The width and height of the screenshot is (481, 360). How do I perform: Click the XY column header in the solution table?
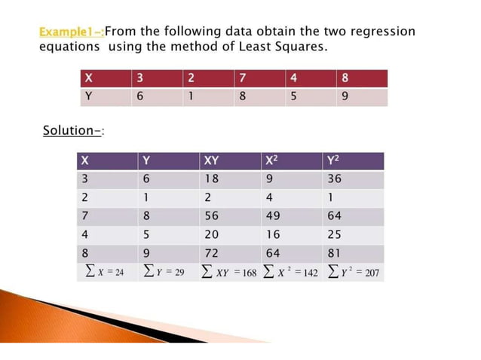tap(212, 160)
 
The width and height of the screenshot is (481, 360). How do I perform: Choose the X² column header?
tap(274, 160)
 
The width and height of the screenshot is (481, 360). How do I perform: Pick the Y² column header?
tap(335, 160)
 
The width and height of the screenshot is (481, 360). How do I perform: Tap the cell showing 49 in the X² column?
tap(274, 215)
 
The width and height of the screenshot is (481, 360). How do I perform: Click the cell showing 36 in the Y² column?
tap(335, 179)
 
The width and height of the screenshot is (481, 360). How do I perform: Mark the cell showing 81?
tap(335, 252)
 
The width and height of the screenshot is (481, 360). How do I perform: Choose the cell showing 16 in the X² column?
tap(274, 234)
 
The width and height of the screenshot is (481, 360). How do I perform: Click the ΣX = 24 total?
tap(103, 271)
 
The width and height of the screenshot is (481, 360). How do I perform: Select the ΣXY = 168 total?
tap(230, 271)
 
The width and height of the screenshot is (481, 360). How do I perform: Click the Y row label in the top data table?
tap(90, 97)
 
